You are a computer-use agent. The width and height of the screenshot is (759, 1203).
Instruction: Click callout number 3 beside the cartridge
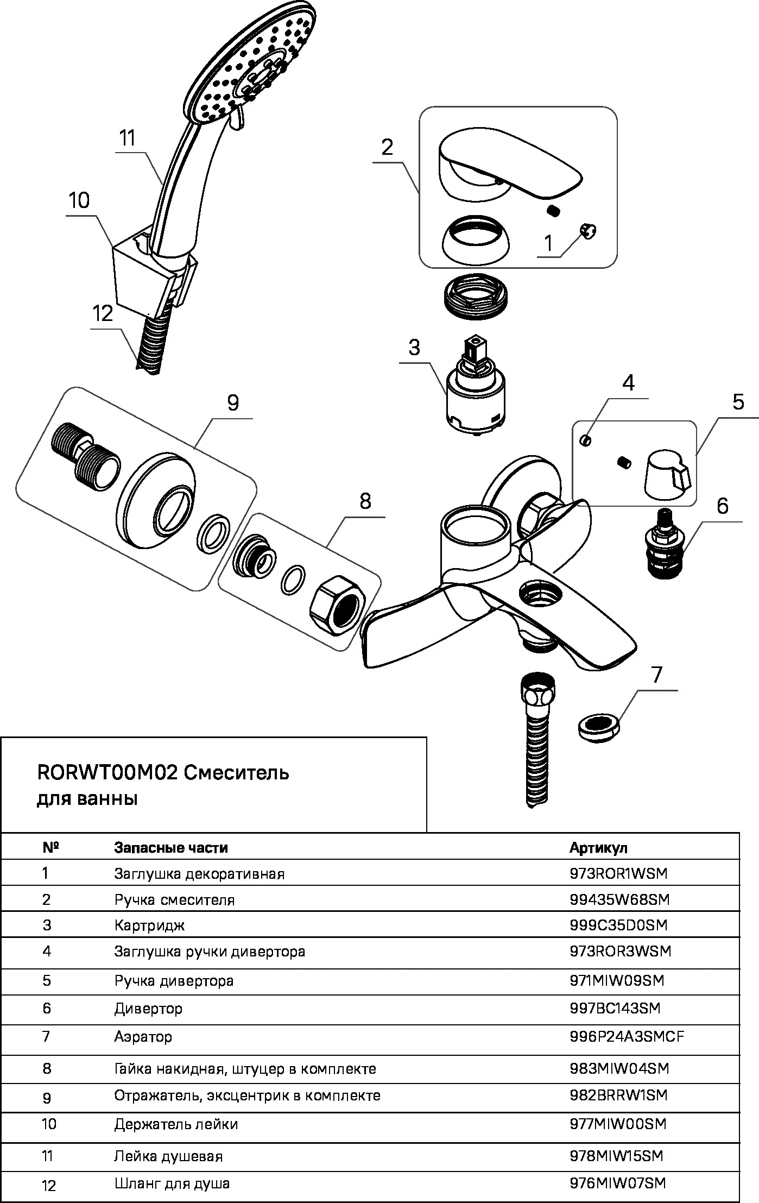coord(414,347)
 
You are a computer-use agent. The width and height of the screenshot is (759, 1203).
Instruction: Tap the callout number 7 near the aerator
coord(657,675)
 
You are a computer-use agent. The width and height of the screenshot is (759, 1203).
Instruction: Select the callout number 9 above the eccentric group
coord(233,403)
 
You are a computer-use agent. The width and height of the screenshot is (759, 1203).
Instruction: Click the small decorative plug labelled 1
coord(589,232)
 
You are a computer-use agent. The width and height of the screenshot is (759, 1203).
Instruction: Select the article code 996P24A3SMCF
coord(627,1037)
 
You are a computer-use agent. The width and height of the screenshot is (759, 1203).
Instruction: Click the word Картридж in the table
coord(149,925)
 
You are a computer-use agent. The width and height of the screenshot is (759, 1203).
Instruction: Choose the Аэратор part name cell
coord(143,1037)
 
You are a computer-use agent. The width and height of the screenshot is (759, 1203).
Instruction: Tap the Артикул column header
coord(598,848)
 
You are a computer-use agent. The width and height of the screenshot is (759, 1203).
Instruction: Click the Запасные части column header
coord(170,848)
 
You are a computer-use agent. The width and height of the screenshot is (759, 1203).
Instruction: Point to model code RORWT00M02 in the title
coord(107,773)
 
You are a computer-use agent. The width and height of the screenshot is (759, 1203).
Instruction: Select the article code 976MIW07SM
coord(617,1183)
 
